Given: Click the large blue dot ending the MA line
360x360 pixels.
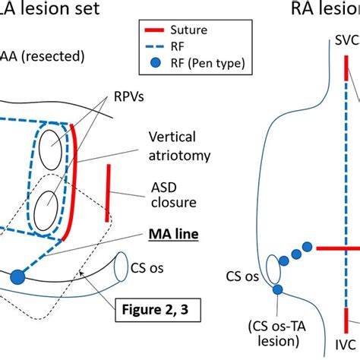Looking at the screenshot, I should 16,277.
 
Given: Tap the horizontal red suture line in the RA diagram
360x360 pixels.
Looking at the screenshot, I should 337,248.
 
